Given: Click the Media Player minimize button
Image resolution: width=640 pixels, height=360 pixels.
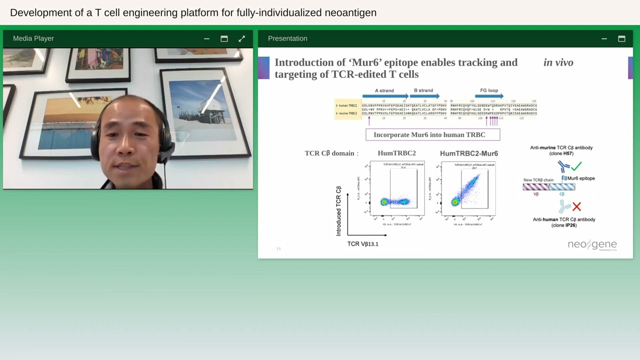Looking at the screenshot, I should click(206, 38).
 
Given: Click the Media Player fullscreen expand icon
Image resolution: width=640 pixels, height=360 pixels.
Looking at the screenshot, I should click(242, 38).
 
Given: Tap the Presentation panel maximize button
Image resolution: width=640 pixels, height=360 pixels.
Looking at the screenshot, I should click(621, 38).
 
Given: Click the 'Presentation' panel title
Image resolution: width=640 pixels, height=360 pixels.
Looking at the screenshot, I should click(287, 38).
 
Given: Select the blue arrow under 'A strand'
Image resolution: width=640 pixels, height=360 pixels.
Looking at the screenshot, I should click(385, 96).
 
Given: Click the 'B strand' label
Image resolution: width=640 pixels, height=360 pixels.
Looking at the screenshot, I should click(423, 90).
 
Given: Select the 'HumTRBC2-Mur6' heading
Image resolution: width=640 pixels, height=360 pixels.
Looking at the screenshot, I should click(468, 153).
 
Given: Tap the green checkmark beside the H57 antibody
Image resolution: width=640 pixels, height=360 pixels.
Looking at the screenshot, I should click(576, 166).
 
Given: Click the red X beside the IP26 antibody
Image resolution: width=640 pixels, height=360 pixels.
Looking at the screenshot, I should click(576, 206).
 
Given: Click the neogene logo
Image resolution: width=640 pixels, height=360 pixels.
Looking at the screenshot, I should click(592, 245).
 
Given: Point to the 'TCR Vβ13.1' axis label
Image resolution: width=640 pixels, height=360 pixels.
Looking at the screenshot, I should click(363, 244).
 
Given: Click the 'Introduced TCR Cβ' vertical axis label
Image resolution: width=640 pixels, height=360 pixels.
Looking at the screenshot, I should click(338, 211).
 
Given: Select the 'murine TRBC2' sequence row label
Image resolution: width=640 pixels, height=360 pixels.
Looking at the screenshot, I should click(348, 113).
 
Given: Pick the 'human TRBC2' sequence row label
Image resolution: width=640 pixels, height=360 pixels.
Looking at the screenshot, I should click(348, 105).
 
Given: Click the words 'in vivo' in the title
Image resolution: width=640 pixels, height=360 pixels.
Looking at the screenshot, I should click(558, 62).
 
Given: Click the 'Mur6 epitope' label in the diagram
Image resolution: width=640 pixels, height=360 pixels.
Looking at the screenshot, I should click(580, 178).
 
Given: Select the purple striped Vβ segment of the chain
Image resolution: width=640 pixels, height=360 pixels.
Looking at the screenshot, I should click(535, 187).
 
